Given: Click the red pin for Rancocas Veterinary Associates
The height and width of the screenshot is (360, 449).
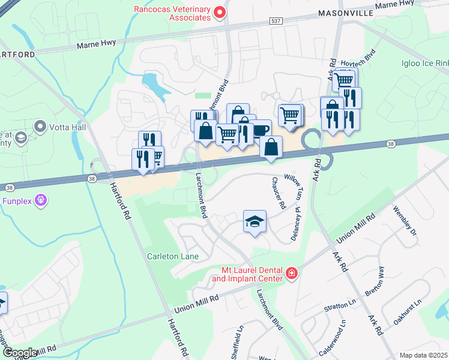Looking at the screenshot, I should [x=220, y=11].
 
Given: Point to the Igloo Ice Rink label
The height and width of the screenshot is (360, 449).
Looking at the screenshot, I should [x=424, y=63].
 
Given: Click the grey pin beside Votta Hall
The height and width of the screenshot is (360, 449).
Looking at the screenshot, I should [x=41, y=127].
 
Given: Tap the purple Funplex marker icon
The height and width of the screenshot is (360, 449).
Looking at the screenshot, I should [x=41, y=199].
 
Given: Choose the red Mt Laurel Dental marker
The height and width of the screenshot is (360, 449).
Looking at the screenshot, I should [x=292, y=274].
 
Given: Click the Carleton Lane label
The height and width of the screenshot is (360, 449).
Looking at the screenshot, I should [x=173, y=256].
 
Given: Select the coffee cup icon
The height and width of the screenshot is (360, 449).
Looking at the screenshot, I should [x=261, y=130].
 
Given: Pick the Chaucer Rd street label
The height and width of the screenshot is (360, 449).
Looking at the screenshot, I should [x=278, y=193].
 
